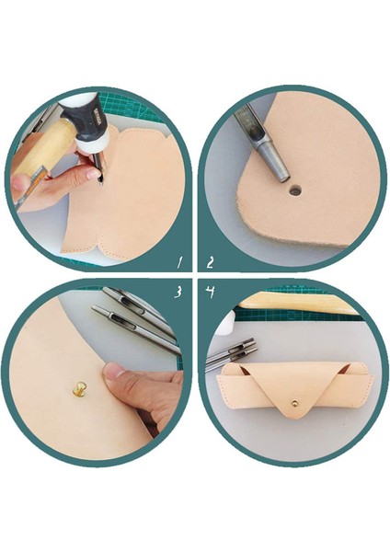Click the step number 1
click(180, 262)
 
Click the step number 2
click(210, 262)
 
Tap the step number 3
click(178, 292)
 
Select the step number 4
click(211, 292)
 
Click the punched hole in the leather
click(294, 191)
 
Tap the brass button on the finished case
click(294, 402)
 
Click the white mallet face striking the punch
click(91, 144)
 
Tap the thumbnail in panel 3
click(112, 371)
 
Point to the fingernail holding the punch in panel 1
click(93, 174)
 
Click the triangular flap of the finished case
click(293, 390)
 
